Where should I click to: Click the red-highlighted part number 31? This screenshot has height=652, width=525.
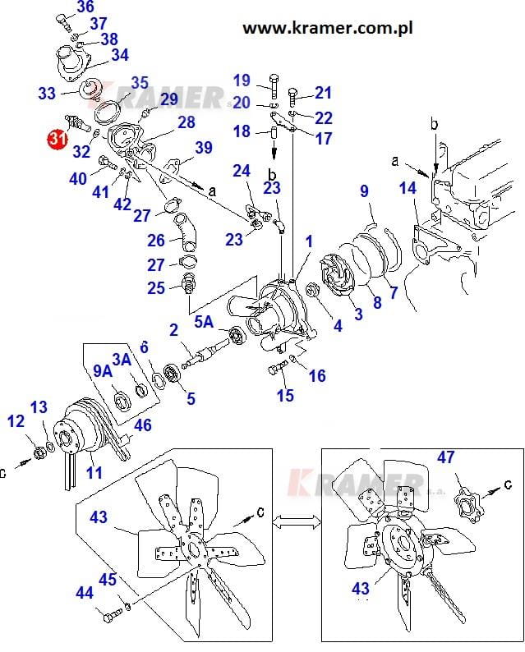[56, 139]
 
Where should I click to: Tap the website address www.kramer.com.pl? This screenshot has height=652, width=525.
[326, 28]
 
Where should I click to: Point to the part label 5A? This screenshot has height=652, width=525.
[205, 324]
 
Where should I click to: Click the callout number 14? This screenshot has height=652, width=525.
[408, 191]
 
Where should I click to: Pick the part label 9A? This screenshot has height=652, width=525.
[102, 372]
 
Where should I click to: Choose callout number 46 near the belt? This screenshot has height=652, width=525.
[142, 425]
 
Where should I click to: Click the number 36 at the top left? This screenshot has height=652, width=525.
[85, 7]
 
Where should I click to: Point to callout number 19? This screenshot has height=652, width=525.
[241, 80]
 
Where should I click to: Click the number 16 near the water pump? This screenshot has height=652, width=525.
[316, 376]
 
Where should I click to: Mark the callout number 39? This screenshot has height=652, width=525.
[203, 148]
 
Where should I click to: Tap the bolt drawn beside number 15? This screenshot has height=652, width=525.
[276, 368]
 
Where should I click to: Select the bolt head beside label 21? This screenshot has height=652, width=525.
[296, 93]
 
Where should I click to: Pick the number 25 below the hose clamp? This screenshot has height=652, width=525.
[156, 288]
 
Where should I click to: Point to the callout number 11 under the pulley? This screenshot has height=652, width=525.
[94, 473]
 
